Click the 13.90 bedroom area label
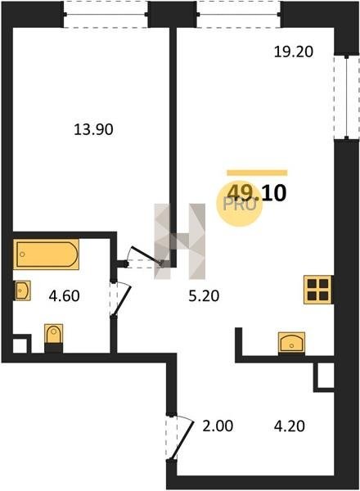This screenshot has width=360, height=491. [x=93, y=129]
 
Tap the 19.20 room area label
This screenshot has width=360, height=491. [x=294, y=52]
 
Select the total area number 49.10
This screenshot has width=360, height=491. [x=257, y=193]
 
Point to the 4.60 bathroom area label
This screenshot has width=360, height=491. [x=64, y=295]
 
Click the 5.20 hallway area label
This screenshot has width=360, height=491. [x=204, y=295]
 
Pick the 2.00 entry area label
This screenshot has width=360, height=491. [x=218, y=426]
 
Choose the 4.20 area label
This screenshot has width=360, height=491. [x=290, y=426]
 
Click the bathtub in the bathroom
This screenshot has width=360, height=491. [x=46, y=255]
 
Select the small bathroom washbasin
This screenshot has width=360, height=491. [x=23, y=291]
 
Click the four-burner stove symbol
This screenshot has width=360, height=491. [x=317, y=290]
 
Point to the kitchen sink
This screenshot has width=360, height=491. [x=292, y=343]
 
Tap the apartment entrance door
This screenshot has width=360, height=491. [x=182, y=438]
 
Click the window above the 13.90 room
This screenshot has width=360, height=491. [x=106, y=14]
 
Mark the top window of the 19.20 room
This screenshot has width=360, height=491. [x=239, y=14]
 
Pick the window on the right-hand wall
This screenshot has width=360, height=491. [x=347, y=97]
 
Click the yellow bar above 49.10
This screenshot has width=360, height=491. [x=257, y=173]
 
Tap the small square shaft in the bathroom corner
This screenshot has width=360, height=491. [x=20, y=345]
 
